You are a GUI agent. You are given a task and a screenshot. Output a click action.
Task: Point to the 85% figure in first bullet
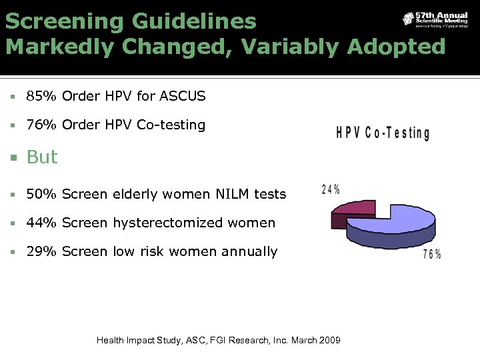point(41,97)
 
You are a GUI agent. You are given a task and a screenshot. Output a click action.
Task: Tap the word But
point(42,157)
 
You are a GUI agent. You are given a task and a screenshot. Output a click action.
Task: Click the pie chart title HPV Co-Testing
point(383,133)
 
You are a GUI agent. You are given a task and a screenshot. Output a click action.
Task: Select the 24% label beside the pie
point(331,189)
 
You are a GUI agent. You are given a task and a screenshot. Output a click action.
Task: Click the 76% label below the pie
point(431,254)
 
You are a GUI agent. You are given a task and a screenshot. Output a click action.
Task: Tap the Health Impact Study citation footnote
point(218,341)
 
